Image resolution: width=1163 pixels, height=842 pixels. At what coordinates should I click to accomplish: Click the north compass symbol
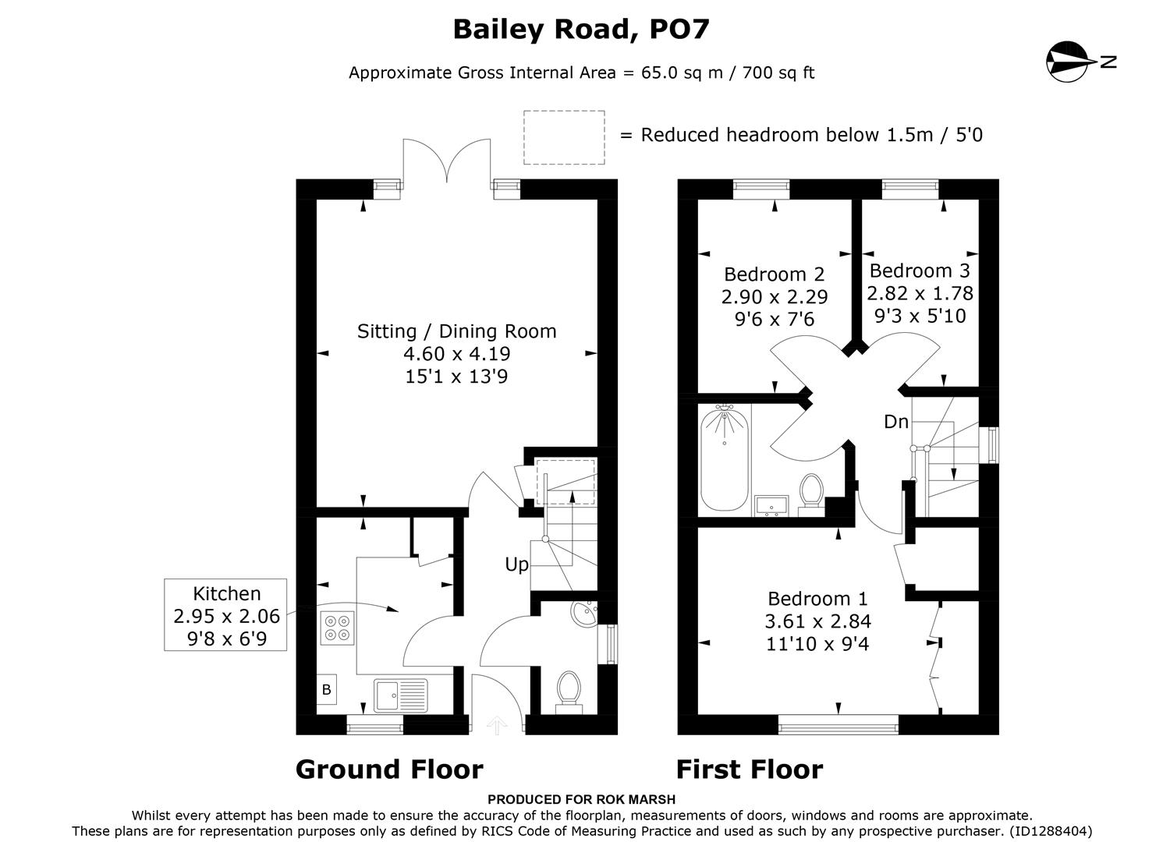click(1069, 62)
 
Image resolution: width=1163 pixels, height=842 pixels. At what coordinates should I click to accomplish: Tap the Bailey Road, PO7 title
click(581, 30)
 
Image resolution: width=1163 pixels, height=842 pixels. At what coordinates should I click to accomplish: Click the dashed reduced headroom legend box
click(564, 137)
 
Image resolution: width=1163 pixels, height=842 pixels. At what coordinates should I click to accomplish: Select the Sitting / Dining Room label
click(456, 331)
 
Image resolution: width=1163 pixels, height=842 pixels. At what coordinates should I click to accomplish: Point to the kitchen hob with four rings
click(336, 628)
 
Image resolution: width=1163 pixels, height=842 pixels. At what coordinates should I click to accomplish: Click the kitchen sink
click(401, 695)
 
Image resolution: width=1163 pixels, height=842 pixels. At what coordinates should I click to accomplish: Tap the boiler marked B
click(327, 689)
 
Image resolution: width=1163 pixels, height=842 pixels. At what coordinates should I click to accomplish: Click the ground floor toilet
click(568, 691)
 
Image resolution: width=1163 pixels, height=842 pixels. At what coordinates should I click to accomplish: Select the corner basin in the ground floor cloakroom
click(583, 613)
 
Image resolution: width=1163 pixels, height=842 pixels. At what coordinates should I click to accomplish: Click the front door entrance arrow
click(497, 726)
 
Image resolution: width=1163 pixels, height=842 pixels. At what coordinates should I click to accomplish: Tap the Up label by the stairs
click(516, 564)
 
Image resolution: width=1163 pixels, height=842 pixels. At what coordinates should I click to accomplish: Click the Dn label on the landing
click(895, 422)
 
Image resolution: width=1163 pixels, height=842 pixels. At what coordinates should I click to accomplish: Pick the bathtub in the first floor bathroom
click(725, 460)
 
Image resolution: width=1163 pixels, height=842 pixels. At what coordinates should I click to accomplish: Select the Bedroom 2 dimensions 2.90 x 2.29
click(774, 297)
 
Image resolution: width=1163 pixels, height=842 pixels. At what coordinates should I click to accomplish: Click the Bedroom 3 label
click(920, 271)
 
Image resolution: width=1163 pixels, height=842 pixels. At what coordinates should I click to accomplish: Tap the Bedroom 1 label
click(817, 599)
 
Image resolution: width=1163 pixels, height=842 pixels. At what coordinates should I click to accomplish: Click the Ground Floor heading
click(389, 769)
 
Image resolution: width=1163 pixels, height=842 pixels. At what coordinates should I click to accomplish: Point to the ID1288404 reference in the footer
click(1050, 831)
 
